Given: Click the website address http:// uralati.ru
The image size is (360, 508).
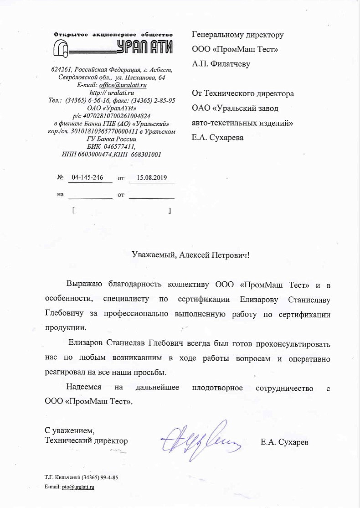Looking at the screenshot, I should click(x=112, y=93).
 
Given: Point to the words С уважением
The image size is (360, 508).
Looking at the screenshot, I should click(x=69, y=430).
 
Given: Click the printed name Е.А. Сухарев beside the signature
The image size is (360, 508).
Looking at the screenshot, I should click(x=284, y=441).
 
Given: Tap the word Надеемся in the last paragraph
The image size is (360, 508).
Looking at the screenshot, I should click(x=84, y=388).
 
